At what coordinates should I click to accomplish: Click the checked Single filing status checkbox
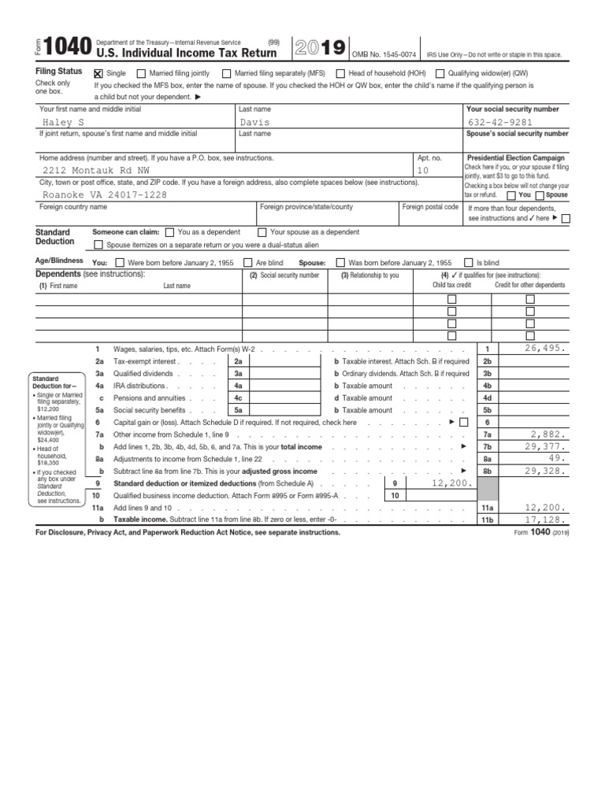click(98, 72)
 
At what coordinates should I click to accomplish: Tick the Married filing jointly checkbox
click(142, 72)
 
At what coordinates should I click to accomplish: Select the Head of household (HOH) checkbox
click(340, 72)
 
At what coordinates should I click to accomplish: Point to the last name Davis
click(256, 123)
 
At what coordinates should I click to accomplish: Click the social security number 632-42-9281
click(500, 123)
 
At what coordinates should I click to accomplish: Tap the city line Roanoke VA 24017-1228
click(104, 194)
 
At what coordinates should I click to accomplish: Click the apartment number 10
click(422, 170)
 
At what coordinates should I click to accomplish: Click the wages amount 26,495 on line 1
click(538, 348)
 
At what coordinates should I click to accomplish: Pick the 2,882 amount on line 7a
click(549, 434)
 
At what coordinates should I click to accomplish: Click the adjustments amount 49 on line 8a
click(557, 457)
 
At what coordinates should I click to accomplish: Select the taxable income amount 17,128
click(544, 520)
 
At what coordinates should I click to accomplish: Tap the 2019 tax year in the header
click(318, 48)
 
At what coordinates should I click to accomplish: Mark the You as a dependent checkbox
click(170, 232)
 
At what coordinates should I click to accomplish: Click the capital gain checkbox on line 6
click(462, 422)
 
